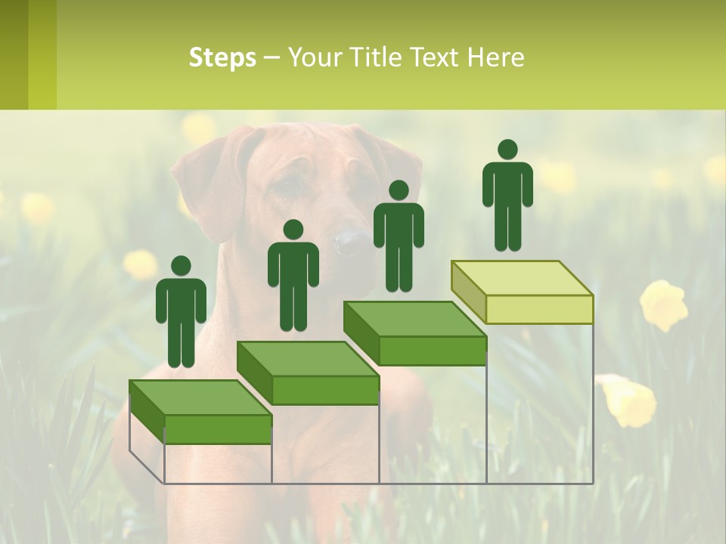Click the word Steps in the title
pos(222,58)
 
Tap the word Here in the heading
pos(496,58)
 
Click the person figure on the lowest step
pos(181,314)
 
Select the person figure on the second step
pos(293,277)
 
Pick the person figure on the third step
pos(399,238)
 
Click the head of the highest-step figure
pos(507,150)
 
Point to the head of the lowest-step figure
pos(181,266)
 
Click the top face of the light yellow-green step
pos(522,278)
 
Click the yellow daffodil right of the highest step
pos(664,304)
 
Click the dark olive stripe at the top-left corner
pos(14,54)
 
